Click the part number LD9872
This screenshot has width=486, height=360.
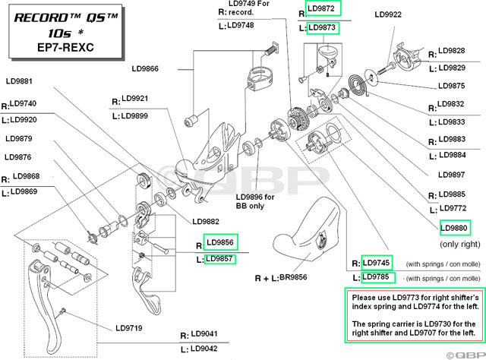(x=323, y=8)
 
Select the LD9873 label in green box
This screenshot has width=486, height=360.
(x=323, y=28)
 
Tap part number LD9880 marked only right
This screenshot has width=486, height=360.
(x=456, y=227)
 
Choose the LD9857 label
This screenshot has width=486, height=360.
(x=220, y=259)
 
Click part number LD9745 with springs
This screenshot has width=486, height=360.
(x=377, y=262)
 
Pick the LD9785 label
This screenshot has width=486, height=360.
(x=377, y=276)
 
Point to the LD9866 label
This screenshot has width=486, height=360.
(x=142, y=68)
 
